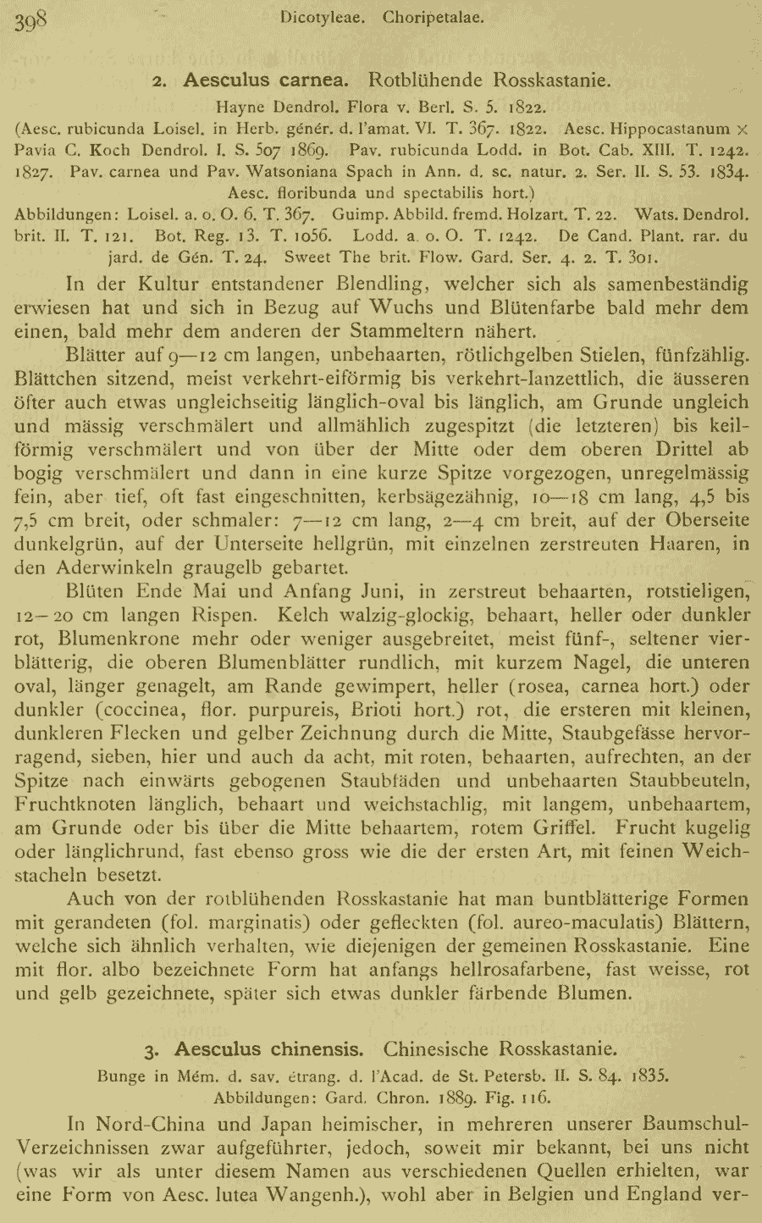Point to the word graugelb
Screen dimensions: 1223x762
[207, 567]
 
